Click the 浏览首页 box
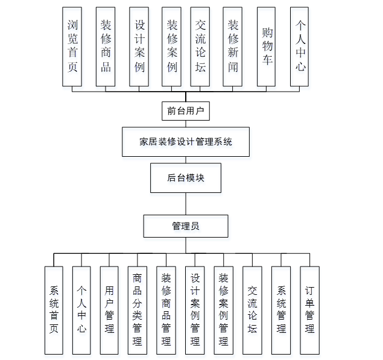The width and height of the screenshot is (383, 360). click(x=72, y=46)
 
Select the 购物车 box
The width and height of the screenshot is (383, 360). click(x=266, y=46)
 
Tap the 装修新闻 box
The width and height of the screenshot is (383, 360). click(x=232, y=46)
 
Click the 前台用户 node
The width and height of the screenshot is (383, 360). click(x=186, y=111)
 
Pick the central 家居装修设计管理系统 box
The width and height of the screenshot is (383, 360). click(x=186, y=142)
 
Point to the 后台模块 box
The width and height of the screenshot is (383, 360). click(x=186, y=178)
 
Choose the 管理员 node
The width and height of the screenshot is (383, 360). click(x=186, y=226)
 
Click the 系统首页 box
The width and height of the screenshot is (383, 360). click(x=53, y=310)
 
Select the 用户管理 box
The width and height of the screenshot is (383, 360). click(x=109, y=310)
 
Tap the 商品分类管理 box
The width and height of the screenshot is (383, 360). click(x=138, y=310)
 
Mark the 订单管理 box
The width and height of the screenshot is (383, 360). click(x=309, y=310)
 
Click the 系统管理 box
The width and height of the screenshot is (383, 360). click(x=281, y=310)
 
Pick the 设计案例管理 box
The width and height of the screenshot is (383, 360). click(x=195, y=310)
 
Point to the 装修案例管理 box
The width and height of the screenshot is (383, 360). click(x=223, y=310)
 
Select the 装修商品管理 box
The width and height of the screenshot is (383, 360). click(x=166, y=310)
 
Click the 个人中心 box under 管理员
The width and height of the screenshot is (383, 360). click(x=81, y=310)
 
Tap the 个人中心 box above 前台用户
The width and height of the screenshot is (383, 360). click(x=300, y=46)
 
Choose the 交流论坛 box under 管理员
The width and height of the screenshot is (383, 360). click(x=252, y=310)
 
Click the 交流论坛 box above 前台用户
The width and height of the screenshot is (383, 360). click(x=200, y=46)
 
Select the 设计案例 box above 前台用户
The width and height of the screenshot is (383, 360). click(x=139, y=46)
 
